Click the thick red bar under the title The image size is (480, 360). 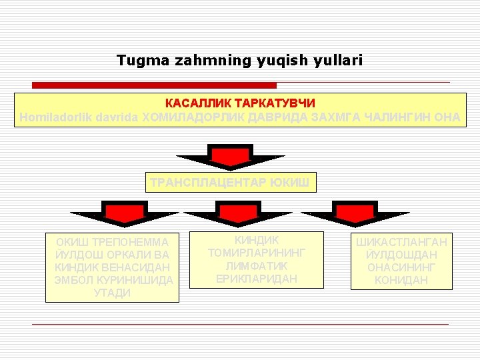point(154,85)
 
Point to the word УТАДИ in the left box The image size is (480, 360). point(113,293)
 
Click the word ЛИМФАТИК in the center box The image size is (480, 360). point(257,266)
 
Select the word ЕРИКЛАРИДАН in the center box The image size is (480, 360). point(257,279)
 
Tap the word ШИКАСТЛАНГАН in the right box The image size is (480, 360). point(401,242)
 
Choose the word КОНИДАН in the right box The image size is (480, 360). point(401,280)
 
